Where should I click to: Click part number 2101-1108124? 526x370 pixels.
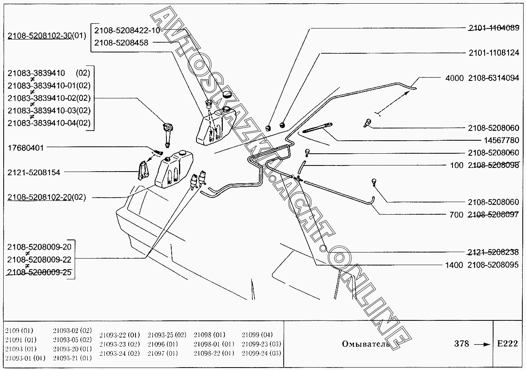(x=494, y=53)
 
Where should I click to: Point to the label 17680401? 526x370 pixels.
(x=26, y=148)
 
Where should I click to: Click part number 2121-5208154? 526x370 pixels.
(x=34, y=172)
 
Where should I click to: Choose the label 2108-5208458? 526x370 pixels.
(x=121, y=43)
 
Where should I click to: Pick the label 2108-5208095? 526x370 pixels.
(x=493, y=265)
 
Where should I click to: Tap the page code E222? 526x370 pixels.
(x=507, y=344)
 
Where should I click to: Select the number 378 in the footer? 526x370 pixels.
(x=461, y=344)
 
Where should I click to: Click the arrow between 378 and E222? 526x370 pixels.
(x=482, y=344)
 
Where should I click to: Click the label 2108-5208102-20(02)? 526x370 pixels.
(x=47, y=197)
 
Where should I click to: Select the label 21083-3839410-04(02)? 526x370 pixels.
(x=49, y=123)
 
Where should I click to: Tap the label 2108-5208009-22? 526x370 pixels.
(x=39, y=259)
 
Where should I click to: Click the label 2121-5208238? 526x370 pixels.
(x=493, y=252)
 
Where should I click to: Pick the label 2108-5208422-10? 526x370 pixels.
(x=127, y=30)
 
